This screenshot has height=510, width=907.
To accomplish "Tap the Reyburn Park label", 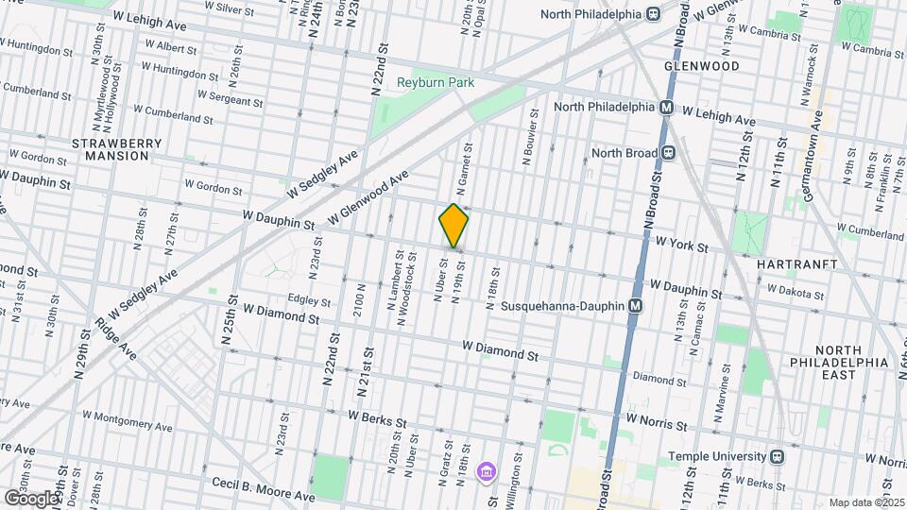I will [436, 83].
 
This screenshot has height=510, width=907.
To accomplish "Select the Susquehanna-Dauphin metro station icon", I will [636, 306].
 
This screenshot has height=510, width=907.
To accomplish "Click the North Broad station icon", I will [668, 152].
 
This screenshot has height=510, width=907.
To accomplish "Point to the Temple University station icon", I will [777, 456].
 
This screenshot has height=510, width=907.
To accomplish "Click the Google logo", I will [31, 498].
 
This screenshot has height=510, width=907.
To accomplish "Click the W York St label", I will [682, 246].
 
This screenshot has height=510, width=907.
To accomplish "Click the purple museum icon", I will [487, 470].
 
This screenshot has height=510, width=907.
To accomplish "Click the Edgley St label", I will [311, 302].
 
